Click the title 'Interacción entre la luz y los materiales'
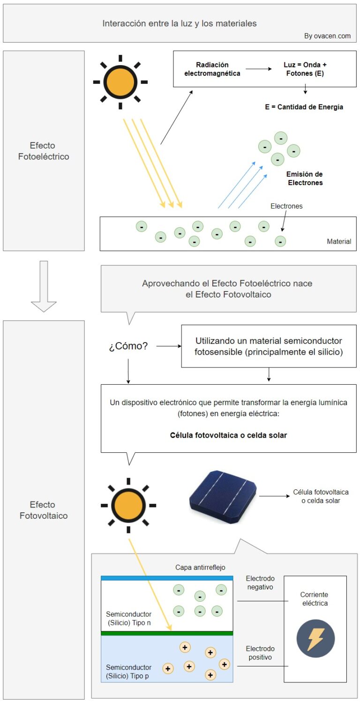pyautogui.click(x=180, y=23)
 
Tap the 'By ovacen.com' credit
pyautogui.click(x=327, y=36)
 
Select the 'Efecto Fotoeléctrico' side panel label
pyautogui.click(x=44, y=151)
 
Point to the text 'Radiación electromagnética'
pyautogui.click(x=212, y=69)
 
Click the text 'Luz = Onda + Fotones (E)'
pyautogui.click(x=305, y=69)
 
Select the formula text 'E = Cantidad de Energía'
pyautogui.click(x=304, y=107)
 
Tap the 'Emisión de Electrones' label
pyautogui.click(x=305, y=179)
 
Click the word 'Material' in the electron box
pyautogui.click(x=339, y=241)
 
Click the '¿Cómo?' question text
pyautogui.click(x=128, y=347)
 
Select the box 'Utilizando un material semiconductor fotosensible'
pyautogui.click(x=269, y=346)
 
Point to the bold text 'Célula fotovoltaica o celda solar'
pyautogui.click(x=228, y=435)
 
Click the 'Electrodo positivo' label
pyautogui.click(x=260, y=653)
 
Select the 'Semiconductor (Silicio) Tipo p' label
pyautogui.click(x=129, y=672)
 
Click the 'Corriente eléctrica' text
pyautogui.click(x=315, y=599)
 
